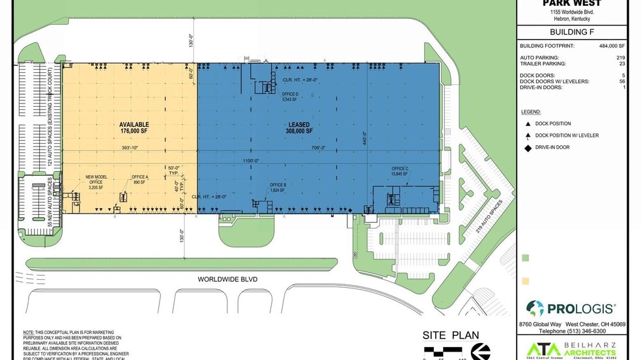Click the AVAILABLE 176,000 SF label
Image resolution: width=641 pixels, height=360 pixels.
pos(134,128)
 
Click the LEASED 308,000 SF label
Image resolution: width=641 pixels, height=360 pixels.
pos(300,128)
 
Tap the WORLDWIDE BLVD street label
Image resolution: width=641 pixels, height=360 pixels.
pos(228,279)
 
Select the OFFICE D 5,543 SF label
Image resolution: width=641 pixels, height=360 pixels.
pos(290,97)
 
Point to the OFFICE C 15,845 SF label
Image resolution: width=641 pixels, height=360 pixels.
pos(400,171)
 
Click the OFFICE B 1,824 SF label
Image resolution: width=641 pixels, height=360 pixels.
pos(278,187)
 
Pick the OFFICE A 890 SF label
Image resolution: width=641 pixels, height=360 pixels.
pos(140,180)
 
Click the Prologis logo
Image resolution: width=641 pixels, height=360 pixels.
pos(571,308)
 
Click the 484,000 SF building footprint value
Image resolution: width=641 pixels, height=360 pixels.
pos(612,46)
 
